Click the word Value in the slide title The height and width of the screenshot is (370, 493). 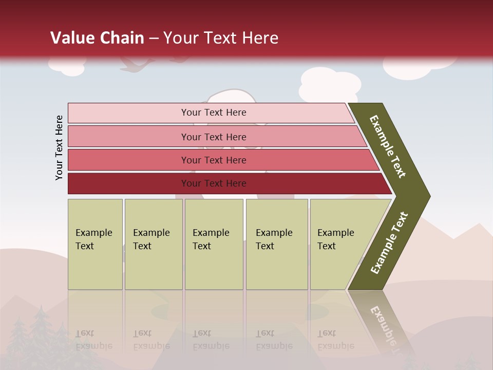(70, 38)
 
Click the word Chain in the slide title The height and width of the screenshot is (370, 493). (121, 38)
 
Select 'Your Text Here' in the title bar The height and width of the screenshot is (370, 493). (221, 38)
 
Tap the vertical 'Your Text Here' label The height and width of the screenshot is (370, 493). (59, 147)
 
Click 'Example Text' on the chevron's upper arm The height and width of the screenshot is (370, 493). (388, 146)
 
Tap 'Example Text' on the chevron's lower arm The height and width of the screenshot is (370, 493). (389, 243)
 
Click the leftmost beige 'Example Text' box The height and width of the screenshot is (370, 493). (95, 244)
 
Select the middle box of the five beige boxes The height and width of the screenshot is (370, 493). (214, 244)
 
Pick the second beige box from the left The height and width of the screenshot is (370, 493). (153, 244)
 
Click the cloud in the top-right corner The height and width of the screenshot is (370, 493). (419, 67)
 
